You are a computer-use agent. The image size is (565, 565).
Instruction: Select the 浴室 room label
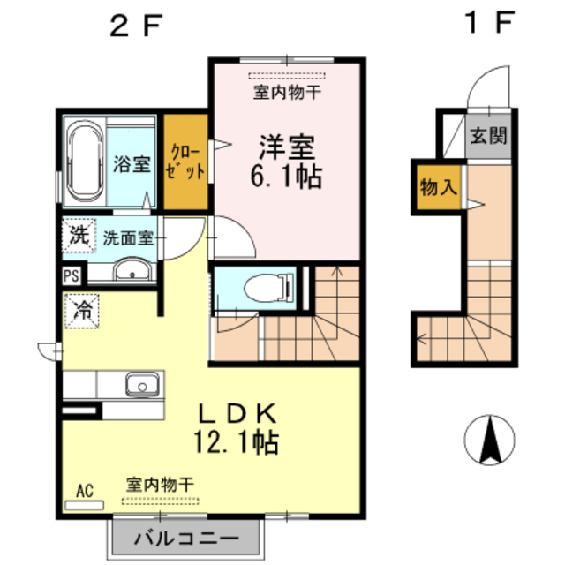[131, 164]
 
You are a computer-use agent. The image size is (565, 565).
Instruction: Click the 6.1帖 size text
[287, 176]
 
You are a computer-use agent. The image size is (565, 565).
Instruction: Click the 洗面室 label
[128, 237]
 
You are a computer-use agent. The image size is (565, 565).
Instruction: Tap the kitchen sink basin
[140, 385]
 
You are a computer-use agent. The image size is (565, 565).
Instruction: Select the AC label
[85, 491]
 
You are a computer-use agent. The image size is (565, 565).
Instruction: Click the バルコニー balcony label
[186, 539]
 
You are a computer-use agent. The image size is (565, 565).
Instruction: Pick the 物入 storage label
[439, 187]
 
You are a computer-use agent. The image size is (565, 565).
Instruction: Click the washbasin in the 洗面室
[132, 270]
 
